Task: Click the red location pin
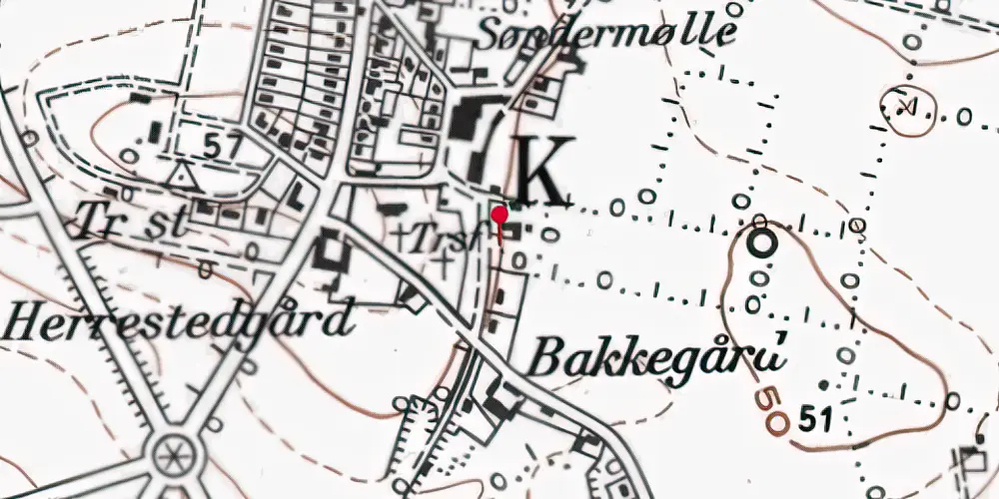coord(499,215)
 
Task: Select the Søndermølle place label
coord(606,32)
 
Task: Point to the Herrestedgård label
coord(180,321)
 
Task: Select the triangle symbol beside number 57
coord(182,177)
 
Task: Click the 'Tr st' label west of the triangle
coord(131,221)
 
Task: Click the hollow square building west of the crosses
coord(329,250)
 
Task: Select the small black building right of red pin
coord(514,232)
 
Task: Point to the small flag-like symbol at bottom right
coord(972,459)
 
